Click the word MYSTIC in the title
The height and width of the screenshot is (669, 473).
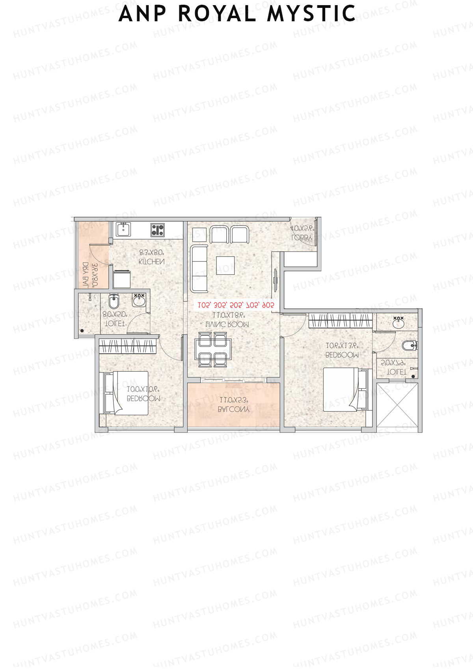(x=311, y=14)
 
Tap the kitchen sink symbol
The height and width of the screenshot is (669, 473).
(x=123, y=229)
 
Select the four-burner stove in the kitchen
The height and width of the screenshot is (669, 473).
(x=157, y=229)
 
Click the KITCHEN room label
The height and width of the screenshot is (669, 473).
(x=152, y=261)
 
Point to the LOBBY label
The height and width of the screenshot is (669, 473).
(x=302, y=238)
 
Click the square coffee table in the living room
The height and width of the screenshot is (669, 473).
(x=225, y=265)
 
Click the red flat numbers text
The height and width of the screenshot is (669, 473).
(x=236, y=305)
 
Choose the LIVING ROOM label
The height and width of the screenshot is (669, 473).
(x=227, y=324)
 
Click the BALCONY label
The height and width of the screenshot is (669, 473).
(x=234, y=410)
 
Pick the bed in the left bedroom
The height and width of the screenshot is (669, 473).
(x=126, y=393)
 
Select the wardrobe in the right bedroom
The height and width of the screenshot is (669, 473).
(x=340, y=320)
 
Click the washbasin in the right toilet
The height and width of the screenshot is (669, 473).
(x=399, y=323)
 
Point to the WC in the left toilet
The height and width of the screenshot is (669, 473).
(x=114, y=302)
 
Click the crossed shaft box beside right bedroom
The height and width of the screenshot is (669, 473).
(x=397, y=406)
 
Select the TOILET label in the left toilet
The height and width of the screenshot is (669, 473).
(x=115, y=323)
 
